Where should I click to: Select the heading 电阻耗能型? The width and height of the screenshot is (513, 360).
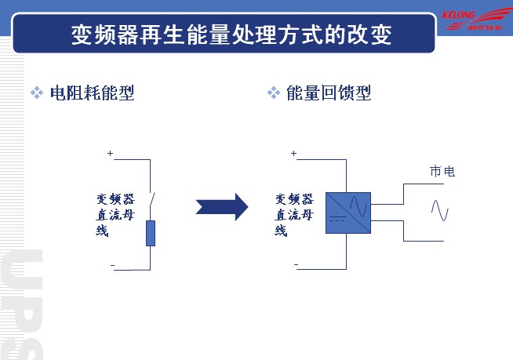93,93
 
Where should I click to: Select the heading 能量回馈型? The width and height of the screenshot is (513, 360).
329,93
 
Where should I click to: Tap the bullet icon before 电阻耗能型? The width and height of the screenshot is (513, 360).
36,93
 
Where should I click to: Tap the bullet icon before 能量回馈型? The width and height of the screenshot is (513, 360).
273,93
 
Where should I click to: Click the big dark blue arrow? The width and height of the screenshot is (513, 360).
221,207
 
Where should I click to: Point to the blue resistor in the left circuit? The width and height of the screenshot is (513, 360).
151,233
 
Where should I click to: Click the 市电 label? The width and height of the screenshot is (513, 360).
442,171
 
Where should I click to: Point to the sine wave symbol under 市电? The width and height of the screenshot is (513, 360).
439,211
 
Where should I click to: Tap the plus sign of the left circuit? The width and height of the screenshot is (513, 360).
110,154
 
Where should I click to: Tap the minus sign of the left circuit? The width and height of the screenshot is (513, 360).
112,266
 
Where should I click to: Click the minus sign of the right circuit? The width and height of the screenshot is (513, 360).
296,264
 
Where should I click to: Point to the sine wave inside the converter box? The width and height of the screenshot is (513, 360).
358,205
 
